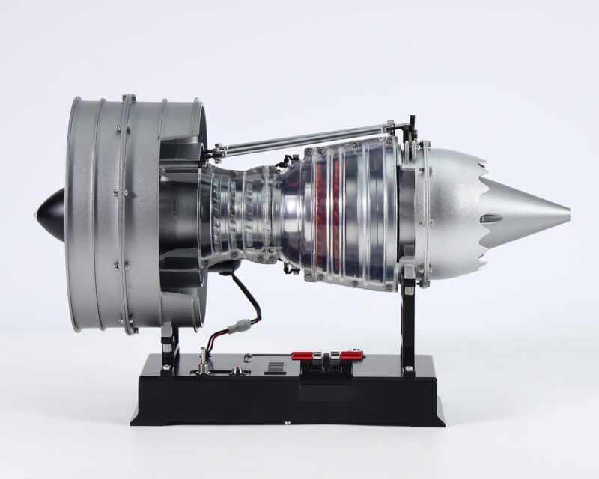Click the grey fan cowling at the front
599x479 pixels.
112,210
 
